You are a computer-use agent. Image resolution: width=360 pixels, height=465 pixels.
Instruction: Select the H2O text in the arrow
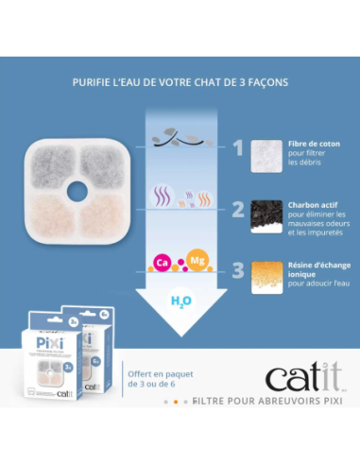(180, 301)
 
